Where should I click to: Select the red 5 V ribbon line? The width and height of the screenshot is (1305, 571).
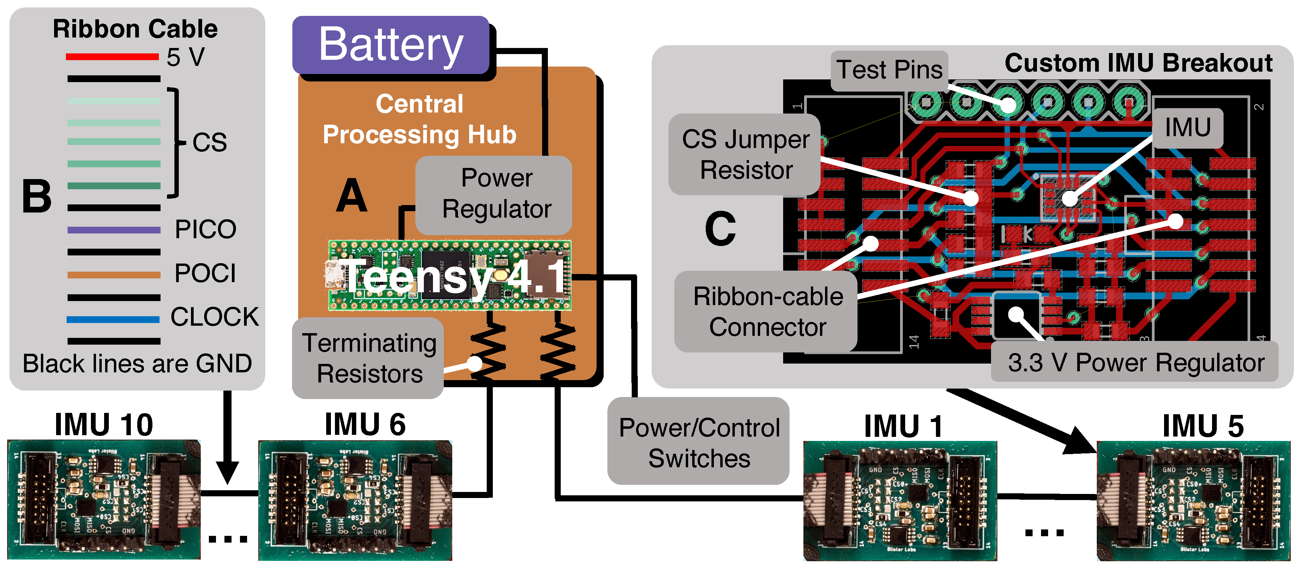click(x=113, y=57)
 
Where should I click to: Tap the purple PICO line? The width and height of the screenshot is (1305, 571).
click(x=114, y=230)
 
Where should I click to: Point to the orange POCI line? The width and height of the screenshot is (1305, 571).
click(x=114, y=275)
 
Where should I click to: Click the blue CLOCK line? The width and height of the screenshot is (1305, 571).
click(x=113, y=319)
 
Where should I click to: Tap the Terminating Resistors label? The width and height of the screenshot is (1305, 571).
click(x=369, y=358)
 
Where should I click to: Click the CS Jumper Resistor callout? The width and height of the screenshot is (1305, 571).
click(x=745, y=154)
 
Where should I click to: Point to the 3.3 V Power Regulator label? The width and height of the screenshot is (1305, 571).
click(x=1135, y=363)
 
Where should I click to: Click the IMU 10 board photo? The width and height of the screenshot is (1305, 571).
click(x=104, y=500)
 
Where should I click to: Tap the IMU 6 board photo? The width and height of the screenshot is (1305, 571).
click(x=355, y=500)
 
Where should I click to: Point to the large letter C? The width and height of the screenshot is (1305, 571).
click(x=720, y=229)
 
